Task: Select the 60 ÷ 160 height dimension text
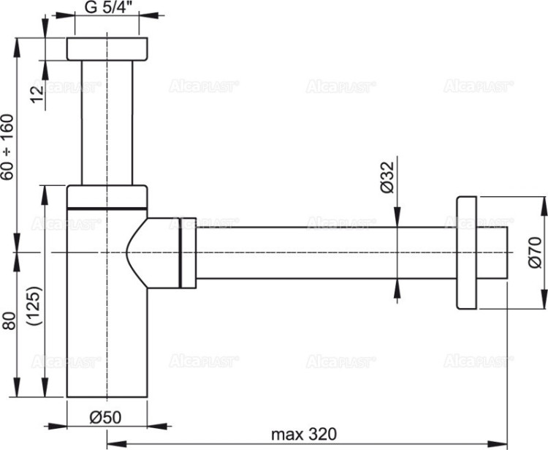[x=8, y=146]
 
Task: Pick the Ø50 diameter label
[x=104, y=418]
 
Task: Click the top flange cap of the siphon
[x=107, y=48]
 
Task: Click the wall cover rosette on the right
[x=465, y=252]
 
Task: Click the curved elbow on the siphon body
[x=150, y=252]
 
